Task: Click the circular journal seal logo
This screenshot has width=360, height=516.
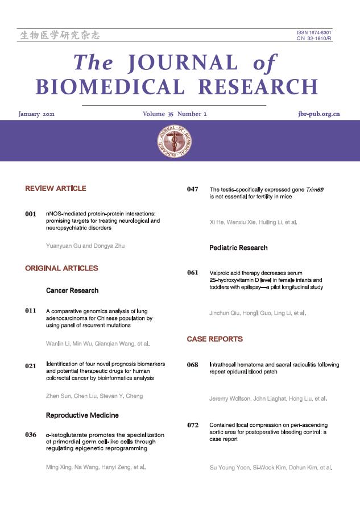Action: click(175, 140)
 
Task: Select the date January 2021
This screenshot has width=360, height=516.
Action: click(37, 114)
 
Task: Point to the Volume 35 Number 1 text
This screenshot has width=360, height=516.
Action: click(175, 114)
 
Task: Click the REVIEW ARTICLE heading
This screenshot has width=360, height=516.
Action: click(56, 188)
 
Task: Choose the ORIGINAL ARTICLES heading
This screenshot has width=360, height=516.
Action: click(61, 268)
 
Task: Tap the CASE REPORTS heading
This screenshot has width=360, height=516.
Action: click(214, 339)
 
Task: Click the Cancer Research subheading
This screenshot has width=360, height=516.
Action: click(72, 290)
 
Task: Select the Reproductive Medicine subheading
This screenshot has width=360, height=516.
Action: click(81, 415)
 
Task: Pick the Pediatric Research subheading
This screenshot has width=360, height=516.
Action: click(238, 248)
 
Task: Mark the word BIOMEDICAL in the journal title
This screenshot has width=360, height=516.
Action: click(111, 87)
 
